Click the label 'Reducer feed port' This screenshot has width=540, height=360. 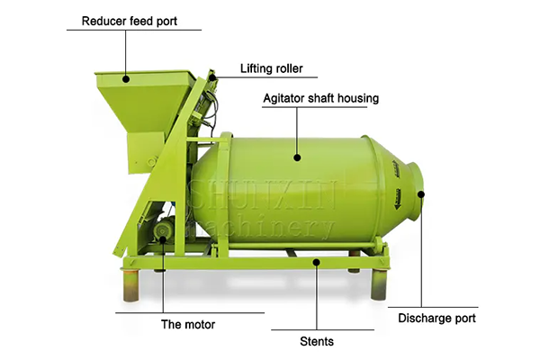click(x=130, y=22)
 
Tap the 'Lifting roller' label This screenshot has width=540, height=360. click(x=272, y=68)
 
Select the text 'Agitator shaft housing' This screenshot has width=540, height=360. click(x=321, y=98)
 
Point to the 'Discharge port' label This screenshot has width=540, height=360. click(x=436, y=319)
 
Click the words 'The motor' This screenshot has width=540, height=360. click(x=188, y=325)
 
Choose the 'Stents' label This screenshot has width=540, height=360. click(x=317, y=342)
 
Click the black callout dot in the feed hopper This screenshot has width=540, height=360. click(x=126, y=79)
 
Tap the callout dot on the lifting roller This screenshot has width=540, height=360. click(x=212, y=76)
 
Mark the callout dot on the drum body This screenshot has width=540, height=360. click(x=297, y=157)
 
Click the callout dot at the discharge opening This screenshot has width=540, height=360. click(x=421, y=194)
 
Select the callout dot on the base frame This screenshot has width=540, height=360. click(x=317, y=263)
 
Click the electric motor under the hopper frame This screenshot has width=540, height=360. click(x=164, y=229)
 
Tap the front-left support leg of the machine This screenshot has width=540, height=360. click(x=130, y=285)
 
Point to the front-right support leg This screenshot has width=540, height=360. click(x=379, y=284)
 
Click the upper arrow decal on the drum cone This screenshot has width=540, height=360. click(x=396, y=169)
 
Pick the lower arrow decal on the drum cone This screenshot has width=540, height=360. click(x=398, y=199)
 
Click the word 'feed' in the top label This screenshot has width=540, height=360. click(x=140, y=22)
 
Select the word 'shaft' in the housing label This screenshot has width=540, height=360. click(x=321, y=98)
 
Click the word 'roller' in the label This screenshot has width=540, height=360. click(x=287, y=68)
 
